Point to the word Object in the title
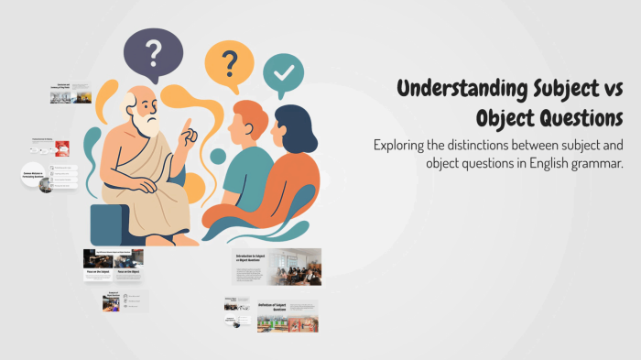[505, 120]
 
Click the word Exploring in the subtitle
[403, 146]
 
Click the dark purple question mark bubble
[154, 54]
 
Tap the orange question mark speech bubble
[228, 66]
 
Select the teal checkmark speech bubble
[284, 72]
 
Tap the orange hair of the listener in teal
[248, 116]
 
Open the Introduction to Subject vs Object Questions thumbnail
[276, 267]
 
